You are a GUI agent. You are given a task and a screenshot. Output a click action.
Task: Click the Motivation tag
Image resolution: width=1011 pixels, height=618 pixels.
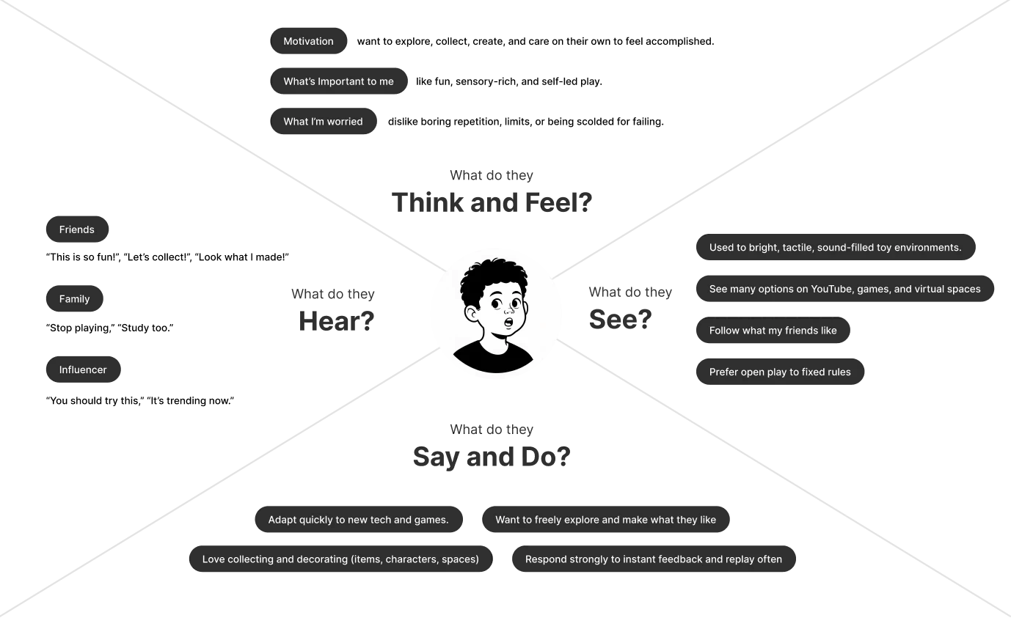click(x=309, y=42)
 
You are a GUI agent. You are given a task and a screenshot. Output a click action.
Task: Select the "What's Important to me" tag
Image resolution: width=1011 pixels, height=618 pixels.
click(x=338, y=81)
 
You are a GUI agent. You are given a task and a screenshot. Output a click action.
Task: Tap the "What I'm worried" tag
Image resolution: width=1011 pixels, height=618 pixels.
click(x=324, y=122)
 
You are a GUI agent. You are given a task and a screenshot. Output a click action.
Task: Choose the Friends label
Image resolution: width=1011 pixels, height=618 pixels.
click(x=77, y=229)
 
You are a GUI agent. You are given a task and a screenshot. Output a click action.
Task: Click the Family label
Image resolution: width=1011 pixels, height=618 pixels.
click(x=75, y=299)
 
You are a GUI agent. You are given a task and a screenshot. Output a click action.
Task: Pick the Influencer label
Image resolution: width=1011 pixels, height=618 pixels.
click(x=83, y=370)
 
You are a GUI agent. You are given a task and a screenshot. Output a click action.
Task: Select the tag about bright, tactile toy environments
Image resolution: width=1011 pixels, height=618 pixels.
click(x=835, y=248)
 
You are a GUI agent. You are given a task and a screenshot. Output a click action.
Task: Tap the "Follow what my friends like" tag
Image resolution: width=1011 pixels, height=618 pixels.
click(x=773, y=331)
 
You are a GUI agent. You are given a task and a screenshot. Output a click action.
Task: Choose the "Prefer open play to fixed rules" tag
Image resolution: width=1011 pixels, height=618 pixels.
click(x=780, y=372)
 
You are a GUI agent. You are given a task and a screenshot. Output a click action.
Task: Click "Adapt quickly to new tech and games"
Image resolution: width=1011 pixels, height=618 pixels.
click(x=358, y=520)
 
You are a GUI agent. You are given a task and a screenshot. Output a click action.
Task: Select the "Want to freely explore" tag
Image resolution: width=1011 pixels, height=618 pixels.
click(x=605, y=520)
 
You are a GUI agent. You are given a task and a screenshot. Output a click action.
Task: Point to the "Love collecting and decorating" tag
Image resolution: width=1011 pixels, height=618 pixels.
click(x=340, y=559)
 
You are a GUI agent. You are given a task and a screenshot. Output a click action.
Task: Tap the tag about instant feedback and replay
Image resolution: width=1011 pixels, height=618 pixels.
click(x=653, y=559)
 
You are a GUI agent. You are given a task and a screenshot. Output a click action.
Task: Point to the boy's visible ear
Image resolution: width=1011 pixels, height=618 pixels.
click(x=472, y=314)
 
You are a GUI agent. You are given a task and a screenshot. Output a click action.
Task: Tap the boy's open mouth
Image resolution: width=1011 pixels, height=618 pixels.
click(x=507, y=321)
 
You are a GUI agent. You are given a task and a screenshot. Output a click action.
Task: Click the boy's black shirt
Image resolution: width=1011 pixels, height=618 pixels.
click(x=493, y=359)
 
